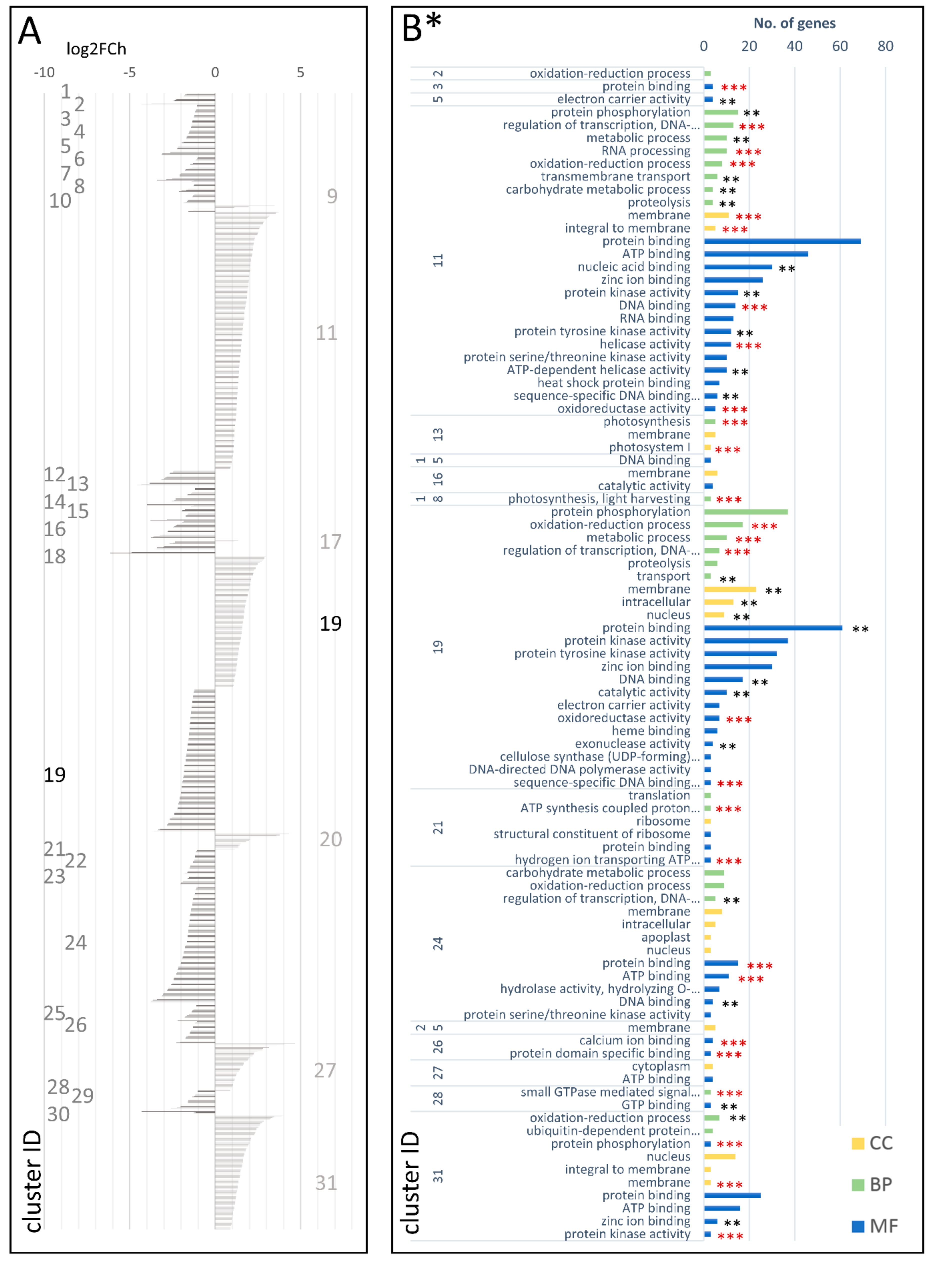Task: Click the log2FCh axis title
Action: coord(96,49)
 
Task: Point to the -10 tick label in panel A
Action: coord(44,72)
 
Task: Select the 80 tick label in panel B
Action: coord(885,46)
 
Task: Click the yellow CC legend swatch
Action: coord(858,1143)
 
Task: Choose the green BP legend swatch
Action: coord(858,1184)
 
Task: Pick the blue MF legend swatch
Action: coord(858,1226)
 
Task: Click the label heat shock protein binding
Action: coord(613,383)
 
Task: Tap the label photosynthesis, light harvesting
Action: coord(599,499)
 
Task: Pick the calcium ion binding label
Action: coord(634,1040)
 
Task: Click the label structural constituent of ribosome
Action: coord(591,834)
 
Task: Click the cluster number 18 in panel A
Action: coord(55,556)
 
